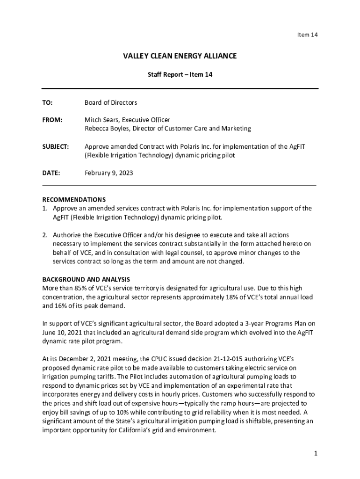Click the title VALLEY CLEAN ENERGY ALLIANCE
click(x=180, y=56)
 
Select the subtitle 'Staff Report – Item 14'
click(x=180, y=74)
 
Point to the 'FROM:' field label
click(x=52, y=120)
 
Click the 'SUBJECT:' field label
click(x=56, y=146)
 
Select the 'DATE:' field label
click(x=51, y=173)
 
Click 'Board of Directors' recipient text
click(x=111, y=102)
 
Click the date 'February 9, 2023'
click(x=109, y=173)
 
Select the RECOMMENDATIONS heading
click(x=74, y=199)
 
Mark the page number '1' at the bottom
click(x=316, y=453)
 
